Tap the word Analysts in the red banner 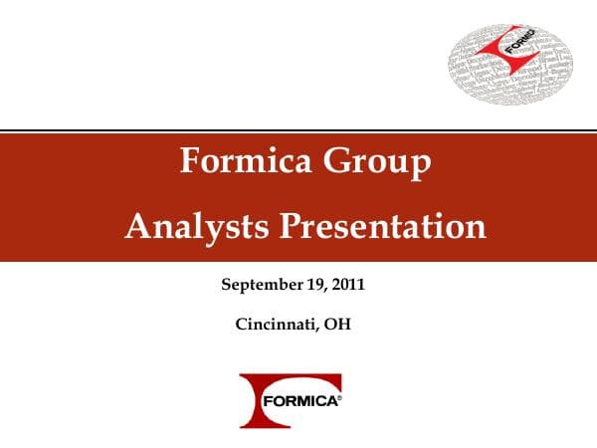pos(194,226)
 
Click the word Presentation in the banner pos(381,226)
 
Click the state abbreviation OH pos(337,324)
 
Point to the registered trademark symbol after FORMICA pos(340,397)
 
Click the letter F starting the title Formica pos(190,161)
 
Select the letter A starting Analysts pos(136,226)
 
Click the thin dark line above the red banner pos(298,130)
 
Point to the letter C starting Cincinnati pos(241,324)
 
